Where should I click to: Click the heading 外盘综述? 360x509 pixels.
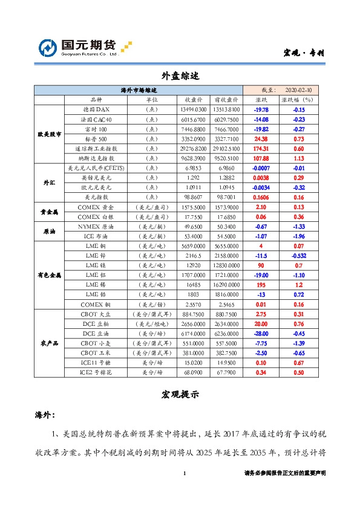[180, 77]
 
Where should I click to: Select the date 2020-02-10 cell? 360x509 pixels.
[298, 89]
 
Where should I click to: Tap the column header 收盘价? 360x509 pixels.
[193, 100]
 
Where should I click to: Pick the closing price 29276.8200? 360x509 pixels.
[193, 148]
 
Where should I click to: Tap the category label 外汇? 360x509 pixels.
[49, 182]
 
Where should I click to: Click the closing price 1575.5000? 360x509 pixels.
[193, 206]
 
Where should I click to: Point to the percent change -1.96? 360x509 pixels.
[298, 235]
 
